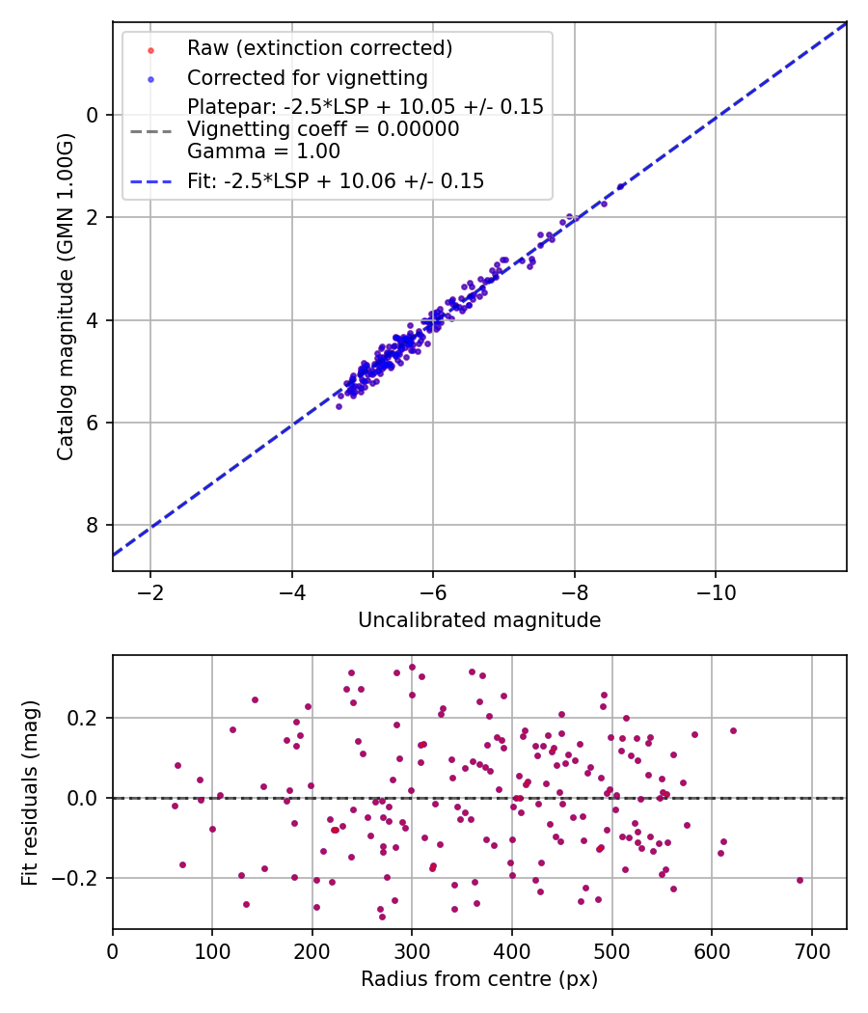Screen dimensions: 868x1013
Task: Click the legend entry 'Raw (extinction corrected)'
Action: point(319,48)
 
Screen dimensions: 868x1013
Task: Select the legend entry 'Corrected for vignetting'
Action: point(308,77)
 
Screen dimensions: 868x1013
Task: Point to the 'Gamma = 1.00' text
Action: point(263,151)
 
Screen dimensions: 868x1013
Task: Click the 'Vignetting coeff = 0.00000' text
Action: point(323,129)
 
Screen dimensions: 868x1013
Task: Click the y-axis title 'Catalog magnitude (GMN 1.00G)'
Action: point(66,297)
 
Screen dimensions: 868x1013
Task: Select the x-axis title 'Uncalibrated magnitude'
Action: point(479,620)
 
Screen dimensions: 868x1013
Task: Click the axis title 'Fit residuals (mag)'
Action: point(30,793)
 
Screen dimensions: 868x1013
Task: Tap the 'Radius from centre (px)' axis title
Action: point(479,979)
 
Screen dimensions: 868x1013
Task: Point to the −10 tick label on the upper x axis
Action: point(716,592)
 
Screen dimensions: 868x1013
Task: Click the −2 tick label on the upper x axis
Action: point(150,592)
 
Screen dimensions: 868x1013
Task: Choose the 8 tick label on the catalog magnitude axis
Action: point(93,525)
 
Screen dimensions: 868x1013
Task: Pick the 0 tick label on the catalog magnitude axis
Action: point(93,115)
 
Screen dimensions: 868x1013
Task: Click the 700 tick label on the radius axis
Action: point(811,951)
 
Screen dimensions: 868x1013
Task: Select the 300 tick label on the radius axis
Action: point(412,951)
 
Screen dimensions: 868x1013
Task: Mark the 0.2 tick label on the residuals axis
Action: point(83,718)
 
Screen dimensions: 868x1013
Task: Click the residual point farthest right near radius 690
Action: point(800,880)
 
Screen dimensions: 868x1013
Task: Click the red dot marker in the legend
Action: point(151,50)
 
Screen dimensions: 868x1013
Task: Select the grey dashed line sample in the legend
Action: point(151,132)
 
